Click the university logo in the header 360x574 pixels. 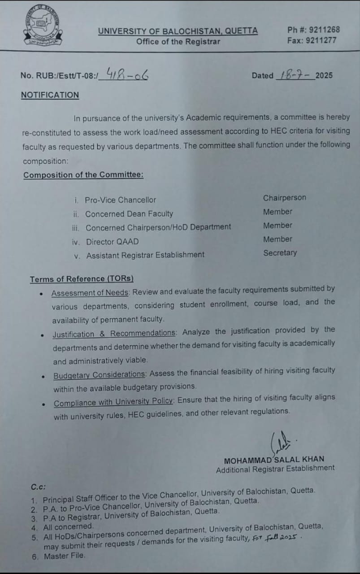pos(43,27)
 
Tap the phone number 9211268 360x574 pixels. pos(322,30)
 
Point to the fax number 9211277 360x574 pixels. pos(322,40)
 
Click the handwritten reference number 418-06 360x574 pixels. pos(127,74)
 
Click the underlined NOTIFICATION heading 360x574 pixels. pos(50,95)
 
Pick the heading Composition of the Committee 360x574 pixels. pos(83,175)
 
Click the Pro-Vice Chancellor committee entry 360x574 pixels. pos(120,200)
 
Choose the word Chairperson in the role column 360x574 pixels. pos(284,198)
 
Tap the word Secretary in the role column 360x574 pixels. pos(280,253)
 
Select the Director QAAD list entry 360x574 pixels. pos(112,242)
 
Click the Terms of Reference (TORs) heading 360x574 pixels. pos(82,279)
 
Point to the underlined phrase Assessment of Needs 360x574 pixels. pos(91,293)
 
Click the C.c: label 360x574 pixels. pos(38,487)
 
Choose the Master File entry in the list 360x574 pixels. pos(64,556)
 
